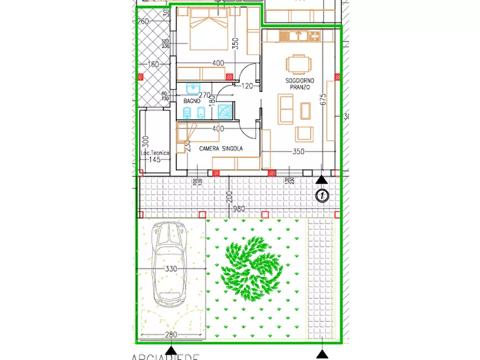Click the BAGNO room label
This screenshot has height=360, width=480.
point(192,101)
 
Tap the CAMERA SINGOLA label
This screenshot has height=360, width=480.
point(221,148)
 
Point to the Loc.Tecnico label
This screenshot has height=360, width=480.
point(155,153)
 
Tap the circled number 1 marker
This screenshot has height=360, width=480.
point(321,196)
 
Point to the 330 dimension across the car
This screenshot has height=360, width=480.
point(171,269)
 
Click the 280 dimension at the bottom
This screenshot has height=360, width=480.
point(171,335)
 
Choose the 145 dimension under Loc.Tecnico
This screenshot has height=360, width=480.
point(155,160)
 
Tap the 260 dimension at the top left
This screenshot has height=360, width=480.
point(143,21)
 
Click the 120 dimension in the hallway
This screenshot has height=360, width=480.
point(247,86)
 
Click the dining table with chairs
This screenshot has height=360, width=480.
point(298,65)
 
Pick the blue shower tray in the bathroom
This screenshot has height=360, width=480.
point(224,111)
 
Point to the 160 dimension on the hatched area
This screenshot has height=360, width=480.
point(154,65)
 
